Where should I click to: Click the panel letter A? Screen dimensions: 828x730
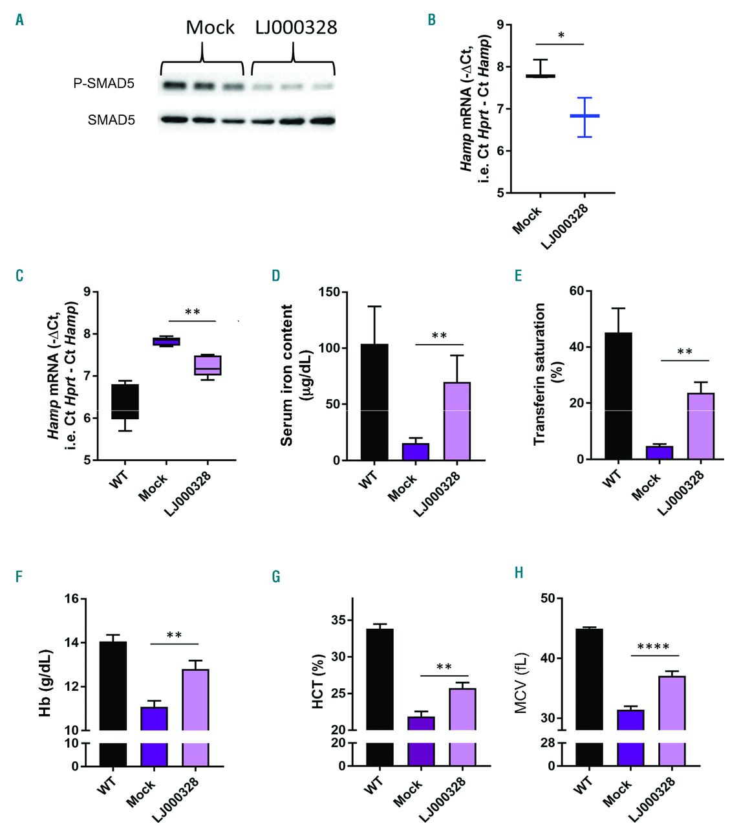click(x=20, y=20)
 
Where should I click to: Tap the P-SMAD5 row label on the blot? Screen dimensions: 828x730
click(x=103, y=83)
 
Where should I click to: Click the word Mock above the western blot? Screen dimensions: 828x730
click(x=210, y=28)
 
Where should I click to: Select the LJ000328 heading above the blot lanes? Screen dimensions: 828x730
click(x=295, y=28)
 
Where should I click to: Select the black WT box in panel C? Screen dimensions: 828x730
click(x=125, y=402)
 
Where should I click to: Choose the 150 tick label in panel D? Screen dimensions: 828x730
click(x=330, y=292)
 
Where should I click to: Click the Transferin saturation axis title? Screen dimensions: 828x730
click(x=539, y=374)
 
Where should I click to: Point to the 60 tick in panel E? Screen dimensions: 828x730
click(x=576, y=291)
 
